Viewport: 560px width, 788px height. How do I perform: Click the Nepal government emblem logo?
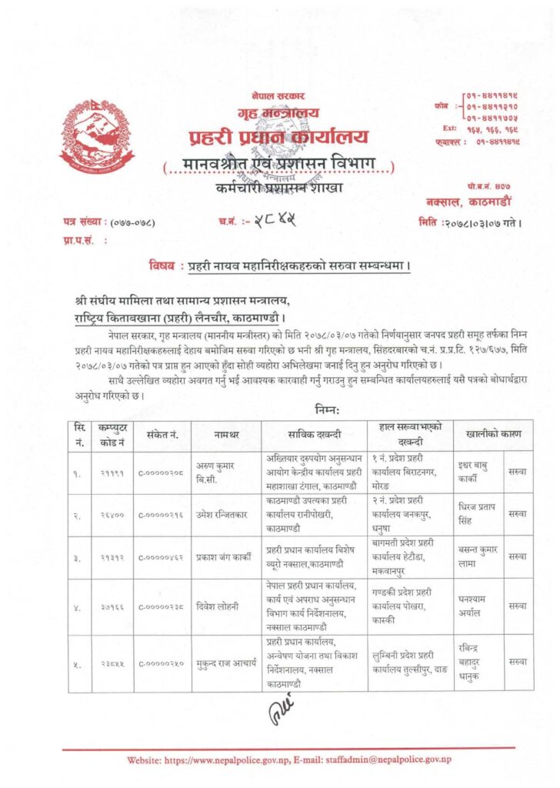coord(96,136)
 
